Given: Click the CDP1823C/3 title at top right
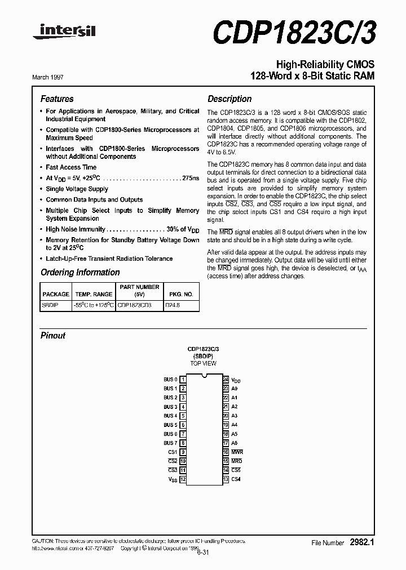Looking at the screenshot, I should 294,31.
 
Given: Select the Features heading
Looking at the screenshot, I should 57,99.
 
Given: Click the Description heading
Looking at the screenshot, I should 230,99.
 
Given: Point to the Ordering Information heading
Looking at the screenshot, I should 80,273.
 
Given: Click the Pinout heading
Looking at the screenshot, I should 53,336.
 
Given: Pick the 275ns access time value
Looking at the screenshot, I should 191,178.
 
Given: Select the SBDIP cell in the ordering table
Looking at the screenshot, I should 50,305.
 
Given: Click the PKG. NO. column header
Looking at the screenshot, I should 180,294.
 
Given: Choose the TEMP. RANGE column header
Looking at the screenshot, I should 93,294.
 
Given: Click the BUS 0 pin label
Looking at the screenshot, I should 170,380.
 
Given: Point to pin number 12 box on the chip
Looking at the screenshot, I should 183,479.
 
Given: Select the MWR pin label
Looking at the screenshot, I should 237,452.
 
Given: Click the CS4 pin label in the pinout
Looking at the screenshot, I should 236,479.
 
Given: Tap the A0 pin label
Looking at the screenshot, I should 235,389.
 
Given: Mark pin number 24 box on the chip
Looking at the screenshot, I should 226,380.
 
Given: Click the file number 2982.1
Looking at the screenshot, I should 362,542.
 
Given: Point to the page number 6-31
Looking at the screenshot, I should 203,553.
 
